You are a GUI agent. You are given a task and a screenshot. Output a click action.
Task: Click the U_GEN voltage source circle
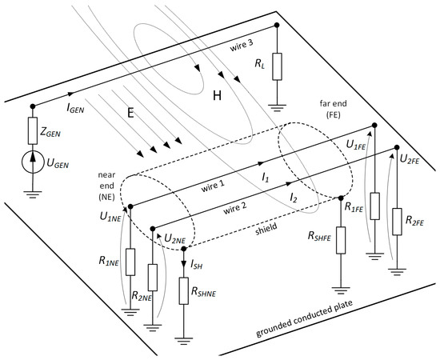33,162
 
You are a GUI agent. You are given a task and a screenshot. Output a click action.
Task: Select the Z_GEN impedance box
33,130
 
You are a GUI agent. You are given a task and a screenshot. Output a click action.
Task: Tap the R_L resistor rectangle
277,66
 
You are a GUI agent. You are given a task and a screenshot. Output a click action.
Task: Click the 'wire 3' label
242,45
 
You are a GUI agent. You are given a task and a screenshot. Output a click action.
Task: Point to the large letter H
217,96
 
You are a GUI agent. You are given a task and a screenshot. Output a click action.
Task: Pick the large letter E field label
130,113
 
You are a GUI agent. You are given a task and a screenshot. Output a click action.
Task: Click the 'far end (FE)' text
334,109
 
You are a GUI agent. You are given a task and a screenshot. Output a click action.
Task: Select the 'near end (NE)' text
106,186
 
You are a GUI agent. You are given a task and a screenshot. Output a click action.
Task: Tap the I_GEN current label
75,108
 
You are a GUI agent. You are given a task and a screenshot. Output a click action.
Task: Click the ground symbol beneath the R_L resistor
277,108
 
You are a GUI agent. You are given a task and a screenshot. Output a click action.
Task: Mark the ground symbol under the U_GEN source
33,194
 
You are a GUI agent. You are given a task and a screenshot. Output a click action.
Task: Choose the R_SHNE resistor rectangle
184,291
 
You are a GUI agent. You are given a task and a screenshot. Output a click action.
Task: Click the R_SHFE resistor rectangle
341,241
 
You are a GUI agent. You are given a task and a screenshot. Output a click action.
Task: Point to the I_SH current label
197,264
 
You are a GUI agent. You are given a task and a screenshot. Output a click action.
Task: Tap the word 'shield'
266,230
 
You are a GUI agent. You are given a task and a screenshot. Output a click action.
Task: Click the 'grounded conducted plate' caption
304,319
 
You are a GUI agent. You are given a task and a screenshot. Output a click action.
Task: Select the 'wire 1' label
213,186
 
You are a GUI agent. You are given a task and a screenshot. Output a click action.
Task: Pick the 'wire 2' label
235,208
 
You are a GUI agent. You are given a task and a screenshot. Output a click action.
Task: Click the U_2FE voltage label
410,160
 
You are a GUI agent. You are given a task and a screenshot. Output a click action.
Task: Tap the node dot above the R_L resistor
277,25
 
